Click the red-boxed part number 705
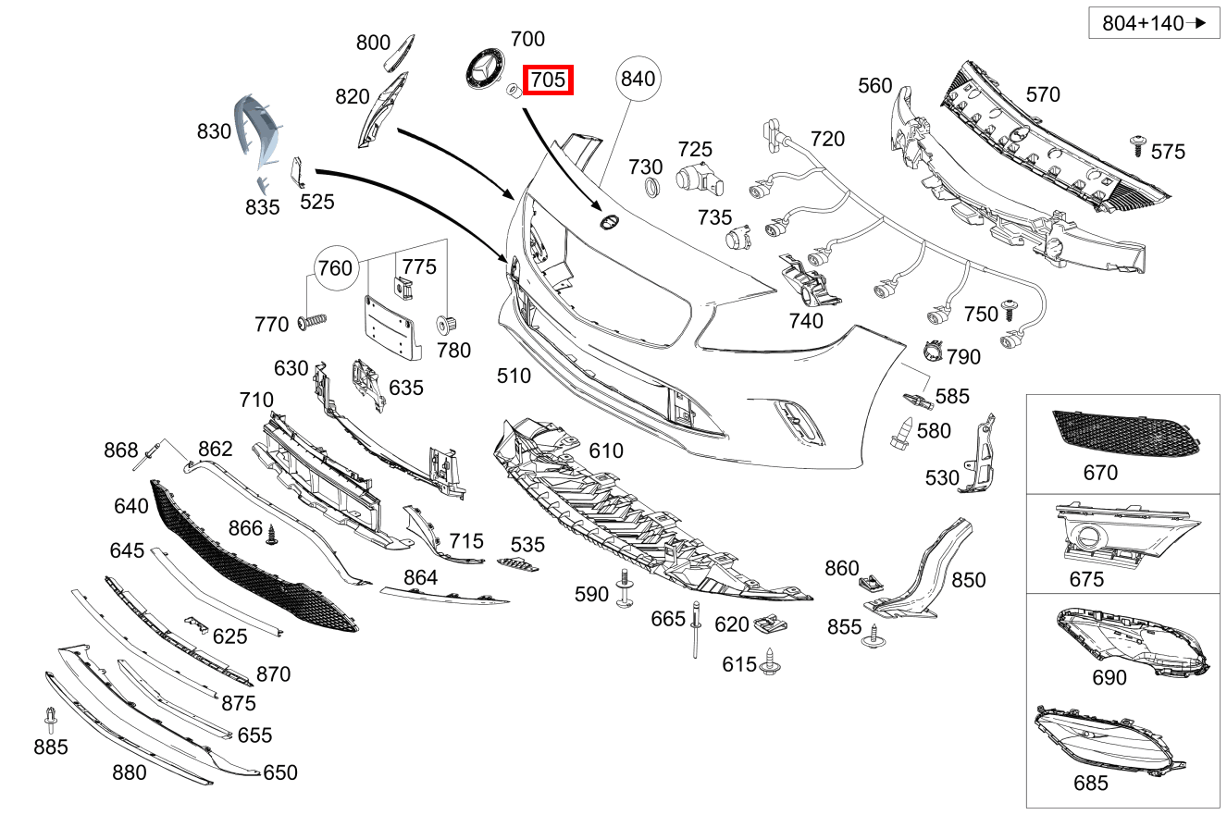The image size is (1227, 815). click(x=549, y=80)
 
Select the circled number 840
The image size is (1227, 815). click(x=638, y=79)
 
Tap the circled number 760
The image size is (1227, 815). click(x=335, y=267)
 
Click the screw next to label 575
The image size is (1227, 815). click(x=1137, y=143)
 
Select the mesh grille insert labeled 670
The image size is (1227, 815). click(x=1125, y=433)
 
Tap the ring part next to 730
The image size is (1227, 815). click(x=651, y=190)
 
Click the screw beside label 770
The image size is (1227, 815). click(x=313, y=322)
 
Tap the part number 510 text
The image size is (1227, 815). click(x=514, y=376)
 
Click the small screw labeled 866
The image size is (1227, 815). click(x=272, y=535)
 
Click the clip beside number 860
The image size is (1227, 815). click(x=869, y=582)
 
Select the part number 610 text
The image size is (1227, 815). click(x=606, y=451)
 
